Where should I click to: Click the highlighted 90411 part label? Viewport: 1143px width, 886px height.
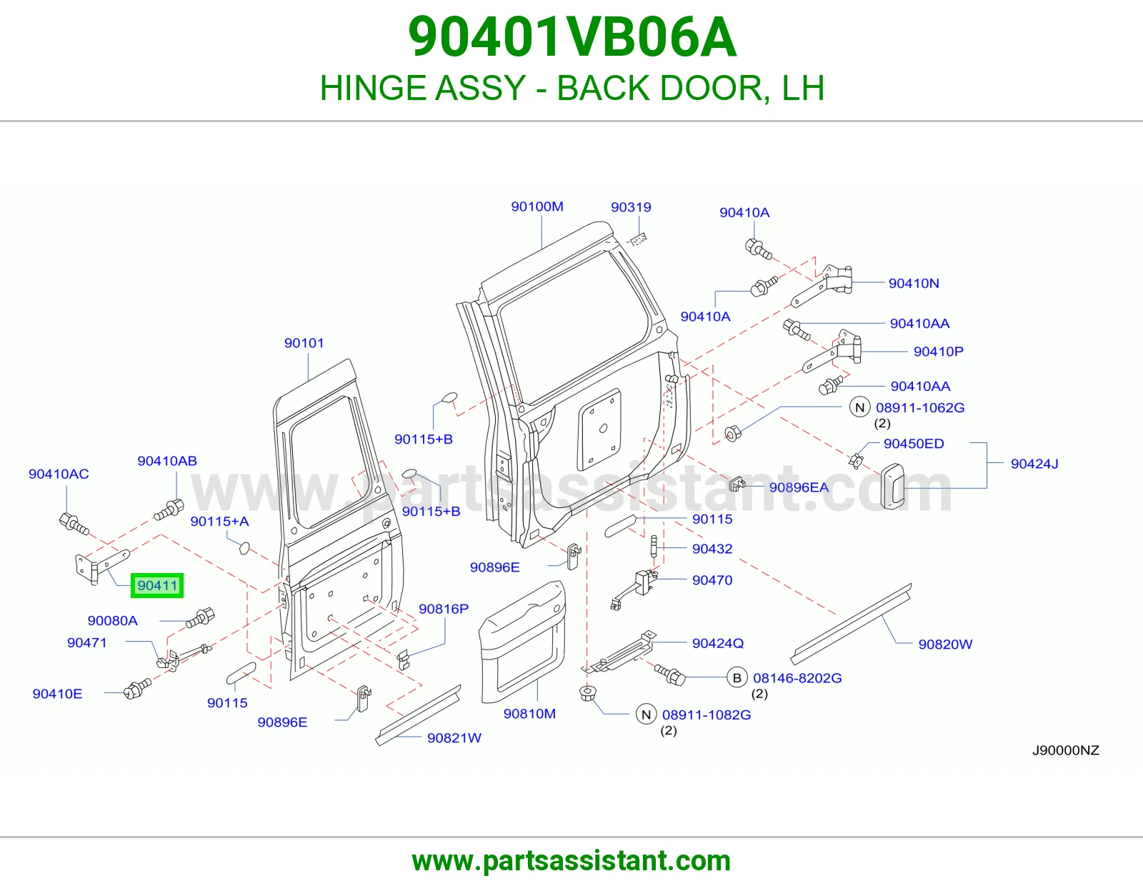157,586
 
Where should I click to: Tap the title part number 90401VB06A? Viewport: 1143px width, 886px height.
572,37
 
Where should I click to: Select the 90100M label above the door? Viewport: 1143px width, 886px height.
537,206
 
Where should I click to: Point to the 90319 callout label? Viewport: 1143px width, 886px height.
631,206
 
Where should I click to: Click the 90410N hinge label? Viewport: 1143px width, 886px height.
914,283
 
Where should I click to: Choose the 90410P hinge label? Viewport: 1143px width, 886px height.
939,352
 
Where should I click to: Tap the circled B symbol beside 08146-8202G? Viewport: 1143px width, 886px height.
737,677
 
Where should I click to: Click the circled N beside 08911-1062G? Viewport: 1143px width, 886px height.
859,407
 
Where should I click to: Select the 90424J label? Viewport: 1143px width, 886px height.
1034,464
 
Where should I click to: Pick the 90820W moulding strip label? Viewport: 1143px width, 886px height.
945,644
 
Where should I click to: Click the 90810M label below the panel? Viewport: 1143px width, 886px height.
529,713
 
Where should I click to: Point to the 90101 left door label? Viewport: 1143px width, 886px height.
304,343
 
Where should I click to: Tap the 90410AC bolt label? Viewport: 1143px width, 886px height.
59,474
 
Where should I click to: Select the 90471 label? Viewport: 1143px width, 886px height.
86,642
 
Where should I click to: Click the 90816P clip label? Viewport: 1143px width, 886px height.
444,609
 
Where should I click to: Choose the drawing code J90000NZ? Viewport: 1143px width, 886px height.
1066,750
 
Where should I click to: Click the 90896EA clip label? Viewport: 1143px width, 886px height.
799,487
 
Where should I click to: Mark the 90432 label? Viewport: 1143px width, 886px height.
712,549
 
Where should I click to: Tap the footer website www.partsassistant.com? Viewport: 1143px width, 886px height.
571,861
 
